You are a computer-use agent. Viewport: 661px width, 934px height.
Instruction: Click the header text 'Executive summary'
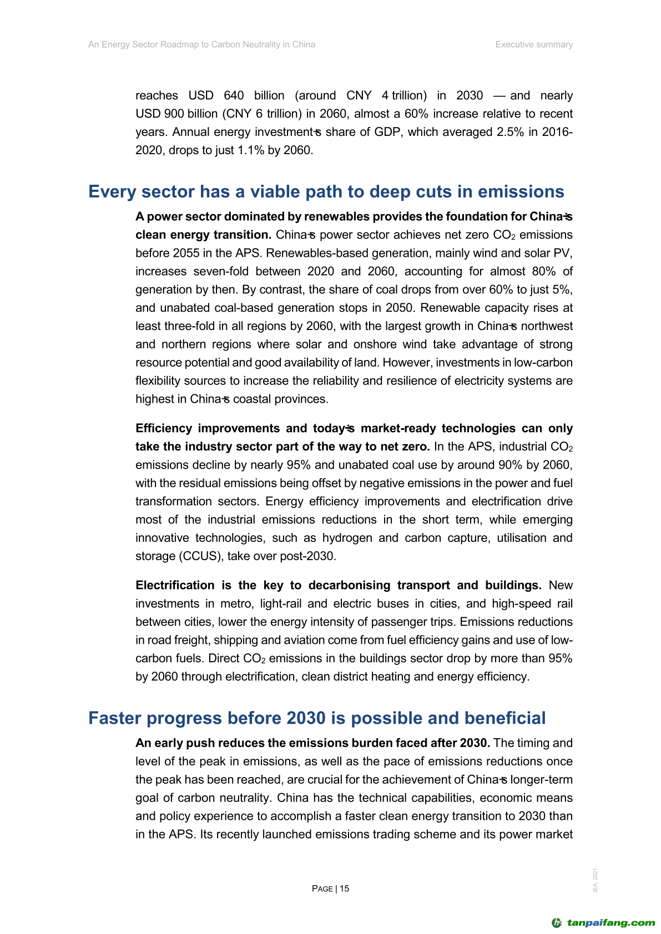(534, 44)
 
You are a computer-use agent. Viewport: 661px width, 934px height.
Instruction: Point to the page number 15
(345, 889)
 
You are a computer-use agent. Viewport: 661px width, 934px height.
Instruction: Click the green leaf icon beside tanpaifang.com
(556, 923)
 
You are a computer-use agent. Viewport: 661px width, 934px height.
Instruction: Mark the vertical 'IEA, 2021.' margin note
(596, 880)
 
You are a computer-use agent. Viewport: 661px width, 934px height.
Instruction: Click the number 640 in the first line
(234, 95)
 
